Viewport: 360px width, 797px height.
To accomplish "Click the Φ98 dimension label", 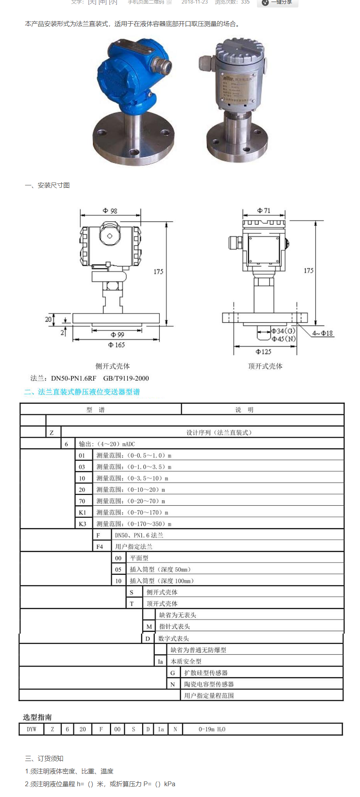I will (110, 211).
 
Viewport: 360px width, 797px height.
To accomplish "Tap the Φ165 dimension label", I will (116, 345).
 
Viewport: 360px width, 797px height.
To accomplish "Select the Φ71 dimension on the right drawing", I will (264, 211).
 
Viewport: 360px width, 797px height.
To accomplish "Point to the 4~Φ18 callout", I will (322, 333).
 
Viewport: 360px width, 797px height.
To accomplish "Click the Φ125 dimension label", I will (263, 352).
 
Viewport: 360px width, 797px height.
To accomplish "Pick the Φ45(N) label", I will (284, 339).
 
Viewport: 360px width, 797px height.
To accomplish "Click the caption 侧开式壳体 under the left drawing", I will (112, 366).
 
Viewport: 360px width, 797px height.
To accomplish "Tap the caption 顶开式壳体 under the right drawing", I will (265, 366).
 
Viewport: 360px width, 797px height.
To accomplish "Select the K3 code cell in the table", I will (82, 524).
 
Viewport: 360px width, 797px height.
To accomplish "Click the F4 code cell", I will (99, 547).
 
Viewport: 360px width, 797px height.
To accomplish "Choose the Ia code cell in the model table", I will (160, 662).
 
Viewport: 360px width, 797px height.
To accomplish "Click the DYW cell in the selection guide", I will (32, 729).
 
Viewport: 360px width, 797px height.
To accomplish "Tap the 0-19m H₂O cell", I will (212, 729).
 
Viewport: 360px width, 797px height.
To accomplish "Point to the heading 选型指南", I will (37, 717).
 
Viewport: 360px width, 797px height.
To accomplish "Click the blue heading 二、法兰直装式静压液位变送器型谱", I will (82, 392).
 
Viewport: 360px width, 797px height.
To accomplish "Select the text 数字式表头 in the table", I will (173, 638).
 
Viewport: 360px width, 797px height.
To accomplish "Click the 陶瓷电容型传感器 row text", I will (209, 684).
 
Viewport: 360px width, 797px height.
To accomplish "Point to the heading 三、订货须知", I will (44, 759).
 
